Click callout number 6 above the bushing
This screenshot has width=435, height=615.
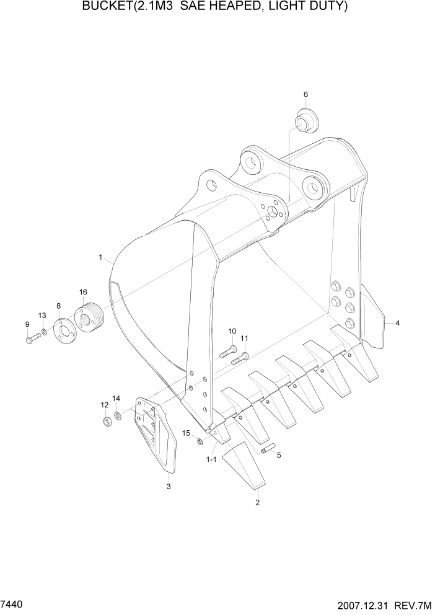(x=305, y=94)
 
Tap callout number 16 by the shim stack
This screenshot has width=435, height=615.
(x=83, y=292)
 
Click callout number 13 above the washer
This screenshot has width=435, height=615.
(x=42, y=316)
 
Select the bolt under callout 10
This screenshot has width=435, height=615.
(x=226, y=353)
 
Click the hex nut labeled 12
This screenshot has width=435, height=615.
(x=106, y=422)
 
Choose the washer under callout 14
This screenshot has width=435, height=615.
(x=118, y=414)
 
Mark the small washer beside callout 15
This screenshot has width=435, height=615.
(x=198, y=441)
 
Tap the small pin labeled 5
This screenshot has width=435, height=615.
(x=268, y=449)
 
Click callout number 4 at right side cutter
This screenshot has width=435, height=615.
(x=398, y=323)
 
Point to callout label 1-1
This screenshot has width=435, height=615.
(x=211, y=459)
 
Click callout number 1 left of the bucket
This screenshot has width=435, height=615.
(x=100, y=256)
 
